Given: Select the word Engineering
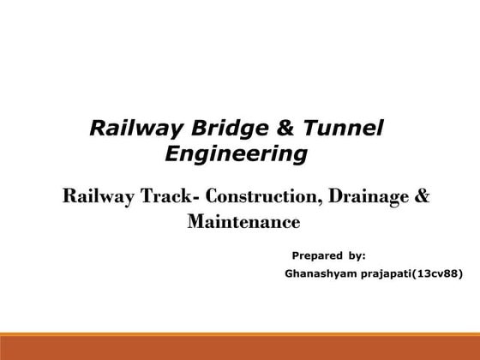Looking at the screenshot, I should (x=235, y=155).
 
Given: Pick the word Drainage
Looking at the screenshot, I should (x=364, y=196).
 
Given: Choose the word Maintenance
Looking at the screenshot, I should (x=243, y=223).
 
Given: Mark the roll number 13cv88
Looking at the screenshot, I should (x=436, y=274).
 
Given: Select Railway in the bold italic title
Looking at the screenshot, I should (x=127, y=129).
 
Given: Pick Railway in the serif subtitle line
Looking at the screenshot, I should (x=94, y=196).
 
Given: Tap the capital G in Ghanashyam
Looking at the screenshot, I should (x=287, y=274).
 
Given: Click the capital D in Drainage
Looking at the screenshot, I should (x=333, y=196).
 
